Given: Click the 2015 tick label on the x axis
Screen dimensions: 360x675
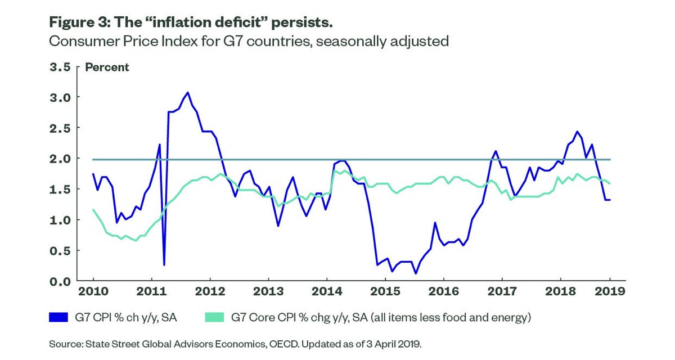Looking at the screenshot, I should pyautogui.click(x=385, y=292).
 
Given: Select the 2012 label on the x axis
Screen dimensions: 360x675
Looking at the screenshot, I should pyautogui.click(x=209, y=292).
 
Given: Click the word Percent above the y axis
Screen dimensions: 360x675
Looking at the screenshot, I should pyautogui.click(x=107, y=67).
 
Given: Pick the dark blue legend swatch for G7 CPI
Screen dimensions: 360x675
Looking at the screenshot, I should pyautogui.click(x=61, y=318).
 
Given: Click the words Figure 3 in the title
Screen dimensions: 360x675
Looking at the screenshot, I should pyautogui.click(x=81, y=23).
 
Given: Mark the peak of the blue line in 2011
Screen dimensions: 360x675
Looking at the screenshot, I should pyautogui.click(x=188, y=92).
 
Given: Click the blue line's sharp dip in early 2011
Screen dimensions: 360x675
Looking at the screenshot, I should pyautogui.click(x=164, y=264).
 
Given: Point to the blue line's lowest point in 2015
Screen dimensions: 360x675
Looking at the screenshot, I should pyautogui.click(x=416, y=273).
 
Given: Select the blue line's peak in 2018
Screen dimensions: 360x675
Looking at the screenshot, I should pyautogui.click(x=578, y=132).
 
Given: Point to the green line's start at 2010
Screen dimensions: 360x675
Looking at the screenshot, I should pyautogui.click(x=93, y=210).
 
